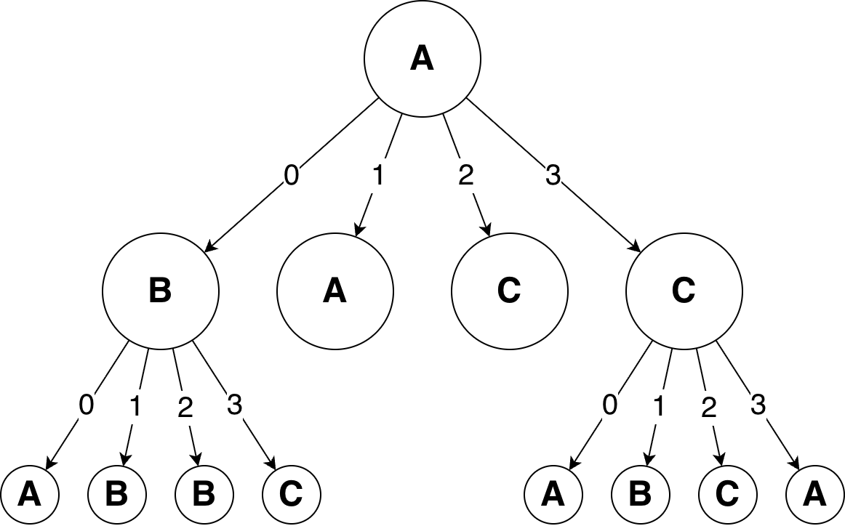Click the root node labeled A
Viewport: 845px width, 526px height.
coord(422,58)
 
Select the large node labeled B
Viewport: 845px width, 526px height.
coord(160,291)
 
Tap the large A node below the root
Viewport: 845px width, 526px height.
coord(335,291)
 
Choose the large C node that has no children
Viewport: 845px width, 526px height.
coord(509,291)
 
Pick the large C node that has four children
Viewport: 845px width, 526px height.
coord(684,291)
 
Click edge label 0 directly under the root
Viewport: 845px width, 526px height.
coord(291,177)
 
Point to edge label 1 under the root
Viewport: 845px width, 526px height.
coord(378,177)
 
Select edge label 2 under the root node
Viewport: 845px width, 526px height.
coord(465,177)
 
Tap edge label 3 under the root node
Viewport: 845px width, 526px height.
coord(553,177)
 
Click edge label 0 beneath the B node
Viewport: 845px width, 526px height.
coord(87,405)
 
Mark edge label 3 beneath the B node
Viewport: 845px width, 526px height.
coord(234,405)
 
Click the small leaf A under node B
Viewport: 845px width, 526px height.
coord(29,495)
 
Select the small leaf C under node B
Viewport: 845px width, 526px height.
coord(291,495)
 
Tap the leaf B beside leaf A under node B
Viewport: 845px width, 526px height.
coord(116,495)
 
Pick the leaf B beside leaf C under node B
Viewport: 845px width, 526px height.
coord(204,495)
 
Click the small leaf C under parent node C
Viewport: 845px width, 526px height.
coord(727,495)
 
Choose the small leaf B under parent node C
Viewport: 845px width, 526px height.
coord(640,495)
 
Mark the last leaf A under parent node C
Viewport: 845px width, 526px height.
coord(814,495)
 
